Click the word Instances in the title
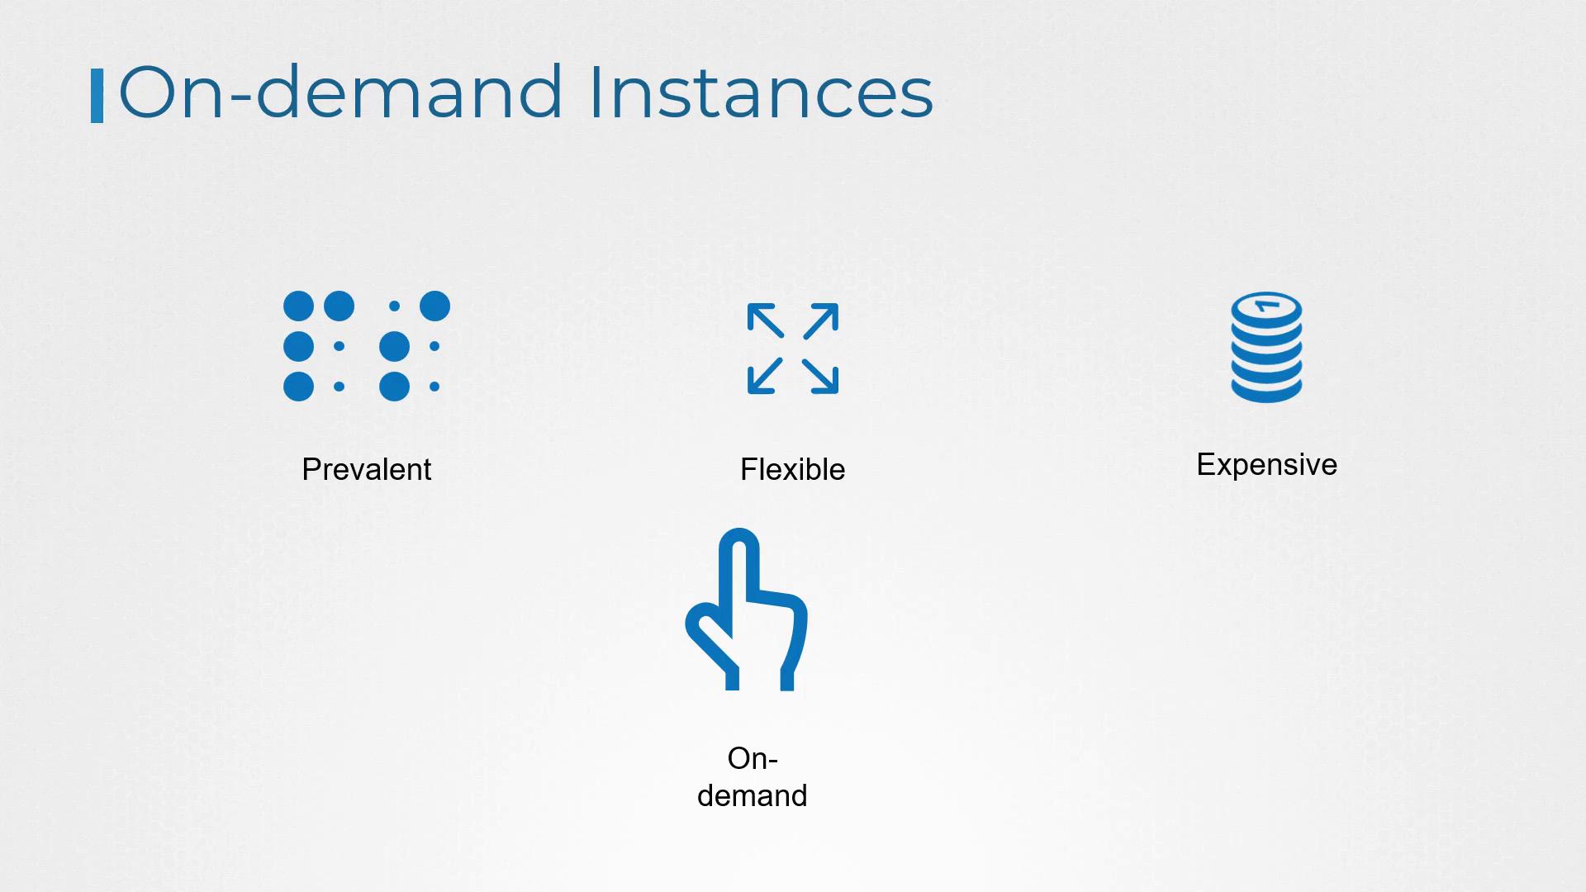coord(761,92)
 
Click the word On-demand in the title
coord(341,92)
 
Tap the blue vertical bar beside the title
coord(97,96)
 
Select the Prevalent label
coord(366,469)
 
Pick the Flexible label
coord(792,469)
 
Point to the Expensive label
coord(1266,465)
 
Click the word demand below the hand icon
coord(752,795)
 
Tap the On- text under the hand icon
coord(753,758)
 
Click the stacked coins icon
coord(1266,347)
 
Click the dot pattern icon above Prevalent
coord(366,346)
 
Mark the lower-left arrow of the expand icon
coord(765,376)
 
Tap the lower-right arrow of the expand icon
coord(821,376)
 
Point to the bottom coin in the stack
coord(1266,390)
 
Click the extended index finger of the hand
coord(739,570)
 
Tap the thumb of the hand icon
coord(709,640)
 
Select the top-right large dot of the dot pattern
coord(434,306)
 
